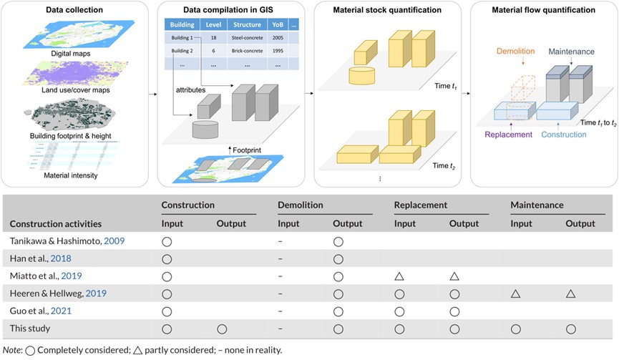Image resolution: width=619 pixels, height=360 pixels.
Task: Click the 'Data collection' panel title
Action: pyautogui.click(x=75, y=11)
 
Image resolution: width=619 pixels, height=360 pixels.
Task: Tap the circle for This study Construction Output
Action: pyautogui.click(x=222, y=328)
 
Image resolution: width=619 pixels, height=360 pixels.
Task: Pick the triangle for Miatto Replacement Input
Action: pyautogui.click(x=399, y=276)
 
